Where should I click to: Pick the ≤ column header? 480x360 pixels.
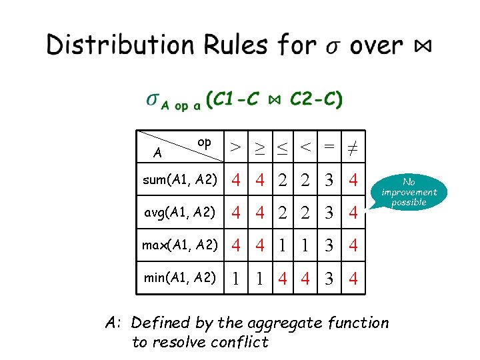point(283,145)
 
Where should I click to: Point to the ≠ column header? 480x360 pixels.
point(353,145)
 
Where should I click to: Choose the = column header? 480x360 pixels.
point(329,145)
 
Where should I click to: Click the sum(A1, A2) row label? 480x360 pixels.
point(180,179)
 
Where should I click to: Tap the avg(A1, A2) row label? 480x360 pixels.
point(180,212)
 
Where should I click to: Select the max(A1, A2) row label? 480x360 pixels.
point(180,245)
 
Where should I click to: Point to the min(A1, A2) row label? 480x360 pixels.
point(180,277)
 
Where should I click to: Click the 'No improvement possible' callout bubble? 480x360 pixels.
point(409,192)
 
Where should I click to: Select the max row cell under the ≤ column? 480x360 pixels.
point(283,245)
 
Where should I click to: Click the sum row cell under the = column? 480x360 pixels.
point(329,180)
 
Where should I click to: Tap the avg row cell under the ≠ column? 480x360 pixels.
point(353,213)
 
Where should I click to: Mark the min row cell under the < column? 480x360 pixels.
point(305,278)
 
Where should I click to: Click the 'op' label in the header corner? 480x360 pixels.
point(205,142)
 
